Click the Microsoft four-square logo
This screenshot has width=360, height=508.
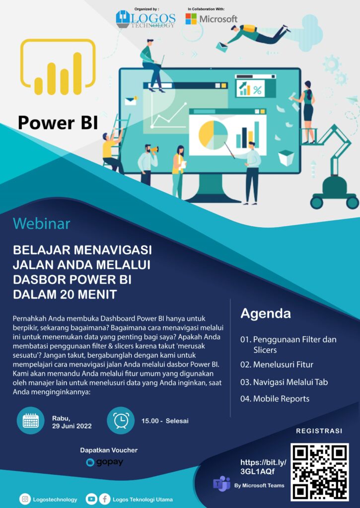click(191, 19)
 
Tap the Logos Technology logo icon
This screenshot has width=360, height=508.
click(123, 19)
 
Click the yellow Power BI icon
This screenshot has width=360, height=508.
click(58, 67)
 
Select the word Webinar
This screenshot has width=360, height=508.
click(42, 224)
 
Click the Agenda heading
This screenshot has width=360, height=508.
click(266, 314)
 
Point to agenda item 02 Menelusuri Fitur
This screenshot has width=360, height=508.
click(277, 365)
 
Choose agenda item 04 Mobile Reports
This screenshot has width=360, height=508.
click(275, 398)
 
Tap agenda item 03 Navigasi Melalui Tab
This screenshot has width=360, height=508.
click(284, 382)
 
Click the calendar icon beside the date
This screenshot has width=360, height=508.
click(30, 421)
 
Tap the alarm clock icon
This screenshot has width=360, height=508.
click(121, 421)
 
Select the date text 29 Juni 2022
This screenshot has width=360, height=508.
click(72, 426)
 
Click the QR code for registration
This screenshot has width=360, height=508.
click(319, 472)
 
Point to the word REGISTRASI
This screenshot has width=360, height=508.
click(319, 431)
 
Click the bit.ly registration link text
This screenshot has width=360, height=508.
click(263, 467)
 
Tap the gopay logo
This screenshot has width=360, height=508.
click(105, 462)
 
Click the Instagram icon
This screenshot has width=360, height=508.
click(25, 499)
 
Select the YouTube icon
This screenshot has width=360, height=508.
click(91, 499)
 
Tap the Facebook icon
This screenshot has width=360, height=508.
click(104, 499)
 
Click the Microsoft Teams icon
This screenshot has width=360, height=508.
click(221, 484)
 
